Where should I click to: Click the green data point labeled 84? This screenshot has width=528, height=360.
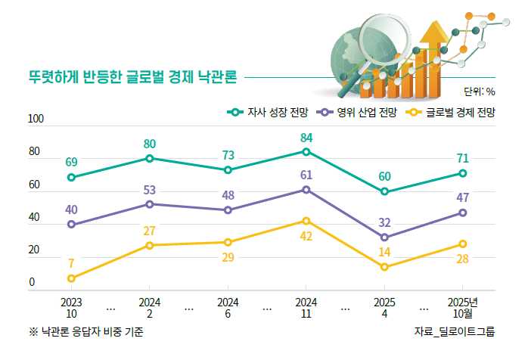(306, 152)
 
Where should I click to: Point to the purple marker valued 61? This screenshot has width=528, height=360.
(306, 189)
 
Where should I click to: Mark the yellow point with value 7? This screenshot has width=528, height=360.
(71, 278)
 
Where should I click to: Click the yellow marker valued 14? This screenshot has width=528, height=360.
(384, 267)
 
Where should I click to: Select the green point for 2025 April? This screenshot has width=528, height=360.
(384, 191)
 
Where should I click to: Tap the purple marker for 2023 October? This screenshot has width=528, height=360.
(71, 225)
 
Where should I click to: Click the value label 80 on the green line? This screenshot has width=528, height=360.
(150, 144)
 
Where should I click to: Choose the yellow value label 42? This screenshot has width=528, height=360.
(306, 236)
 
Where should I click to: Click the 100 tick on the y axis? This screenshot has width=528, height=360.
(36, 119)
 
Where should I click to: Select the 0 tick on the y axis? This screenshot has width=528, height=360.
(32, 283)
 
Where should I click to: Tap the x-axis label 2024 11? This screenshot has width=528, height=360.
(306, 308)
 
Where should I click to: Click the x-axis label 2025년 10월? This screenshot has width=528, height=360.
(462, 308)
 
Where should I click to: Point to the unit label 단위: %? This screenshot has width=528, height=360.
(479, 92)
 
